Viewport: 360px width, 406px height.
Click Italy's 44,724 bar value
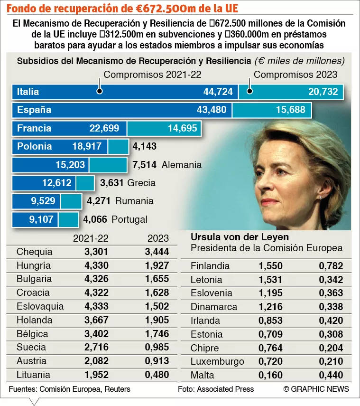(218, 92)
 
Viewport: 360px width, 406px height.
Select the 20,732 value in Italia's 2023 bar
(323, 92)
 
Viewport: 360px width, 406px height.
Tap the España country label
(34, 110)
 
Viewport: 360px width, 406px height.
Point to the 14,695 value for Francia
(183, 128)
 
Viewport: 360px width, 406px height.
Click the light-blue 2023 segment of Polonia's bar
(118, 147)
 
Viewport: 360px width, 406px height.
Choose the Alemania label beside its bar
(182, 165)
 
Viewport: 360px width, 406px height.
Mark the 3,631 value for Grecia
(112, 183)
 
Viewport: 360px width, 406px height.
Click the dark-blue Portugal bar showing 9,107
(35, 219)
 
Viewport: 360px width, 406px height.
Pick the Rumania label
(134, 201)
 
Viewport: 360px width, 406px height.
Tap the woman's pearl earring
(321, 198)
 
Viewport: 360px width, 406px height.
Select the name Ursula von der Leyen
(240, 237)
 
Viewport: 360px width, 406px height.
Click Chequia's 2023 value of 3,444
(157, 252)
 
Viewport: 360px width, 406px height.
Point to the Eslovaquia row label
(40, 306)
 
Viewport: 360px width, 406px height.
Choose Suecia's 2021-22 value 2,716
(96, 347)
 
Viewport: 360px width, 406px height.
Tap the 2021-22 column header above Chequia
(91, 238)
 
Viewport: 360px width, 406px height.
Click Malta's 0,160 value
(270, 375)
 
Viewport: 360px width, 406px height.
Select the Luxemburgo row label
(217, 361)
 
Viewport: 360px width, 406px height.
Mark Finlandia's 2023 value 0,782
(331, 266)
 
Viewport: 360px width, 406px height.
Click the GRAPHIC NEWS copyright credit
(316, 389)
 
